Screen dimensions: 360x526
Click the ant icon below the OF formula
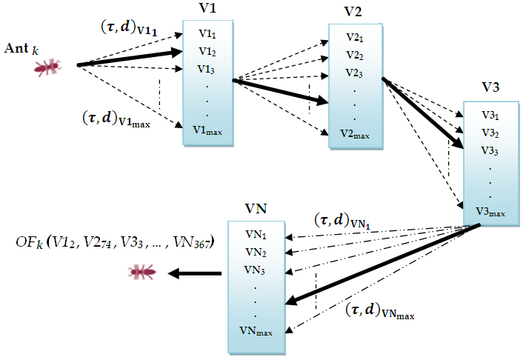(140, 273)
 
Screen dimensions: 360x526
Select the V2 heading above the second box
(353, 13)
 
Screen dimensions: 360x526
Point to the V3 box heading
(490, 87)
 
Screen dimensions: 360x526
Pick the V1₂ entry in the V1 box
(207, 52)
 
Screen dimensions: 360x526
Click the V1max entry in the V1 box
(207, 131)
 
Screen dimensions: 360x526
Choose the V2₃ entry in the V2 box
(353, 73)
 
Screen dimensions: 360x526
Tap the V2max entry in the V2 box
(353, 133)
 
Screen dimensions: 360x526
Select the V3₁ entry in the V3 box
(488, 116)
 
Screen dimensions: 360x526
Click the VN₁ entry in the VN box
(256, 236)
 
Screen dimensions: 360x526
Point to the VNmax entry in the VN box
(256, 330)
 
